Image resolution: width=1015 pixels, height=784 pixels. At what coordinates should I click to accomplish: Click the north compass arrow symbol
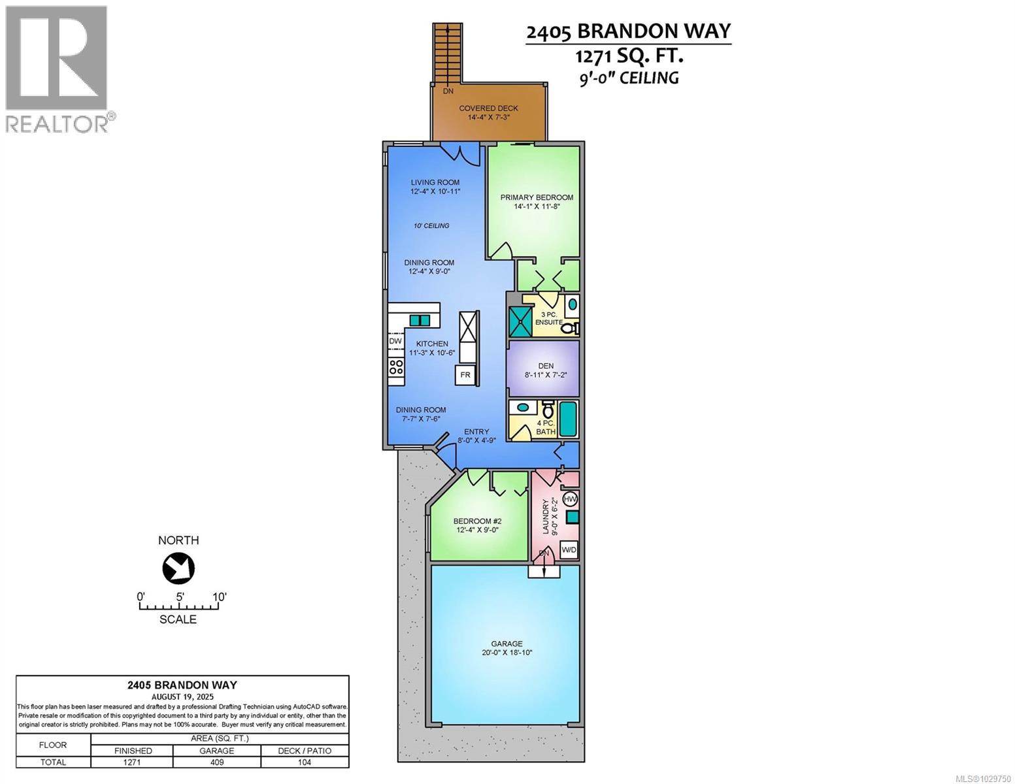(x=178, y=568)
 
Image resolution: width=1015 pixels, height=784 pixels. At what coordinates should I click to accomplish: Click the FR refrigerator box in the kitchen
(x=465, y=375)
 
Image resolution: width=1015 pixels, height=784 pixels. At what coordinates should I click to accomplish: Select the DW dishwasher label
(x=395, y=341)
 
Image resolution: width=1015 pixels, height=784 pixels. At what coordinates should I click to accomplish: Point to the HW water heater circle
(x=570, y=499)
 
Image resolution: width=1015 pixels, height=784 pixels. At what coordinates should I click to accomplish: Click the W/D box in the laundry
(x=569, y=550)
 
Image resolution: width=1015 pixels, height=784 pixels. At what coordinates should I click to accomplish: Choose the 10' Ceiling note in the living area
(x=431, y=225)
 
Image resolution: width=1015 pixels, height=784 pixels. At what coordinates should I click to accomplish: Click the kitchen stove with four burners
(x=396, y=367)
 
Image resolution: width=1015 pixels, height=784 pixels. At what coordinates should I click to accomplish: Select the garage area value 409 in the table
(x=216, y=762)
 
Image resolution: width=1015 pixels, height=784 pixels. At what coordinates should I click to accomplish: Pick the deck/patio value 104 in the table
(x=305, y=762)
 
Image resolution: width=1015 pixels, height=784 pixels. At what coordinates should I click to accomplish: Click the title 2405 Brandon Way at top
(x=628, y=31)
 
